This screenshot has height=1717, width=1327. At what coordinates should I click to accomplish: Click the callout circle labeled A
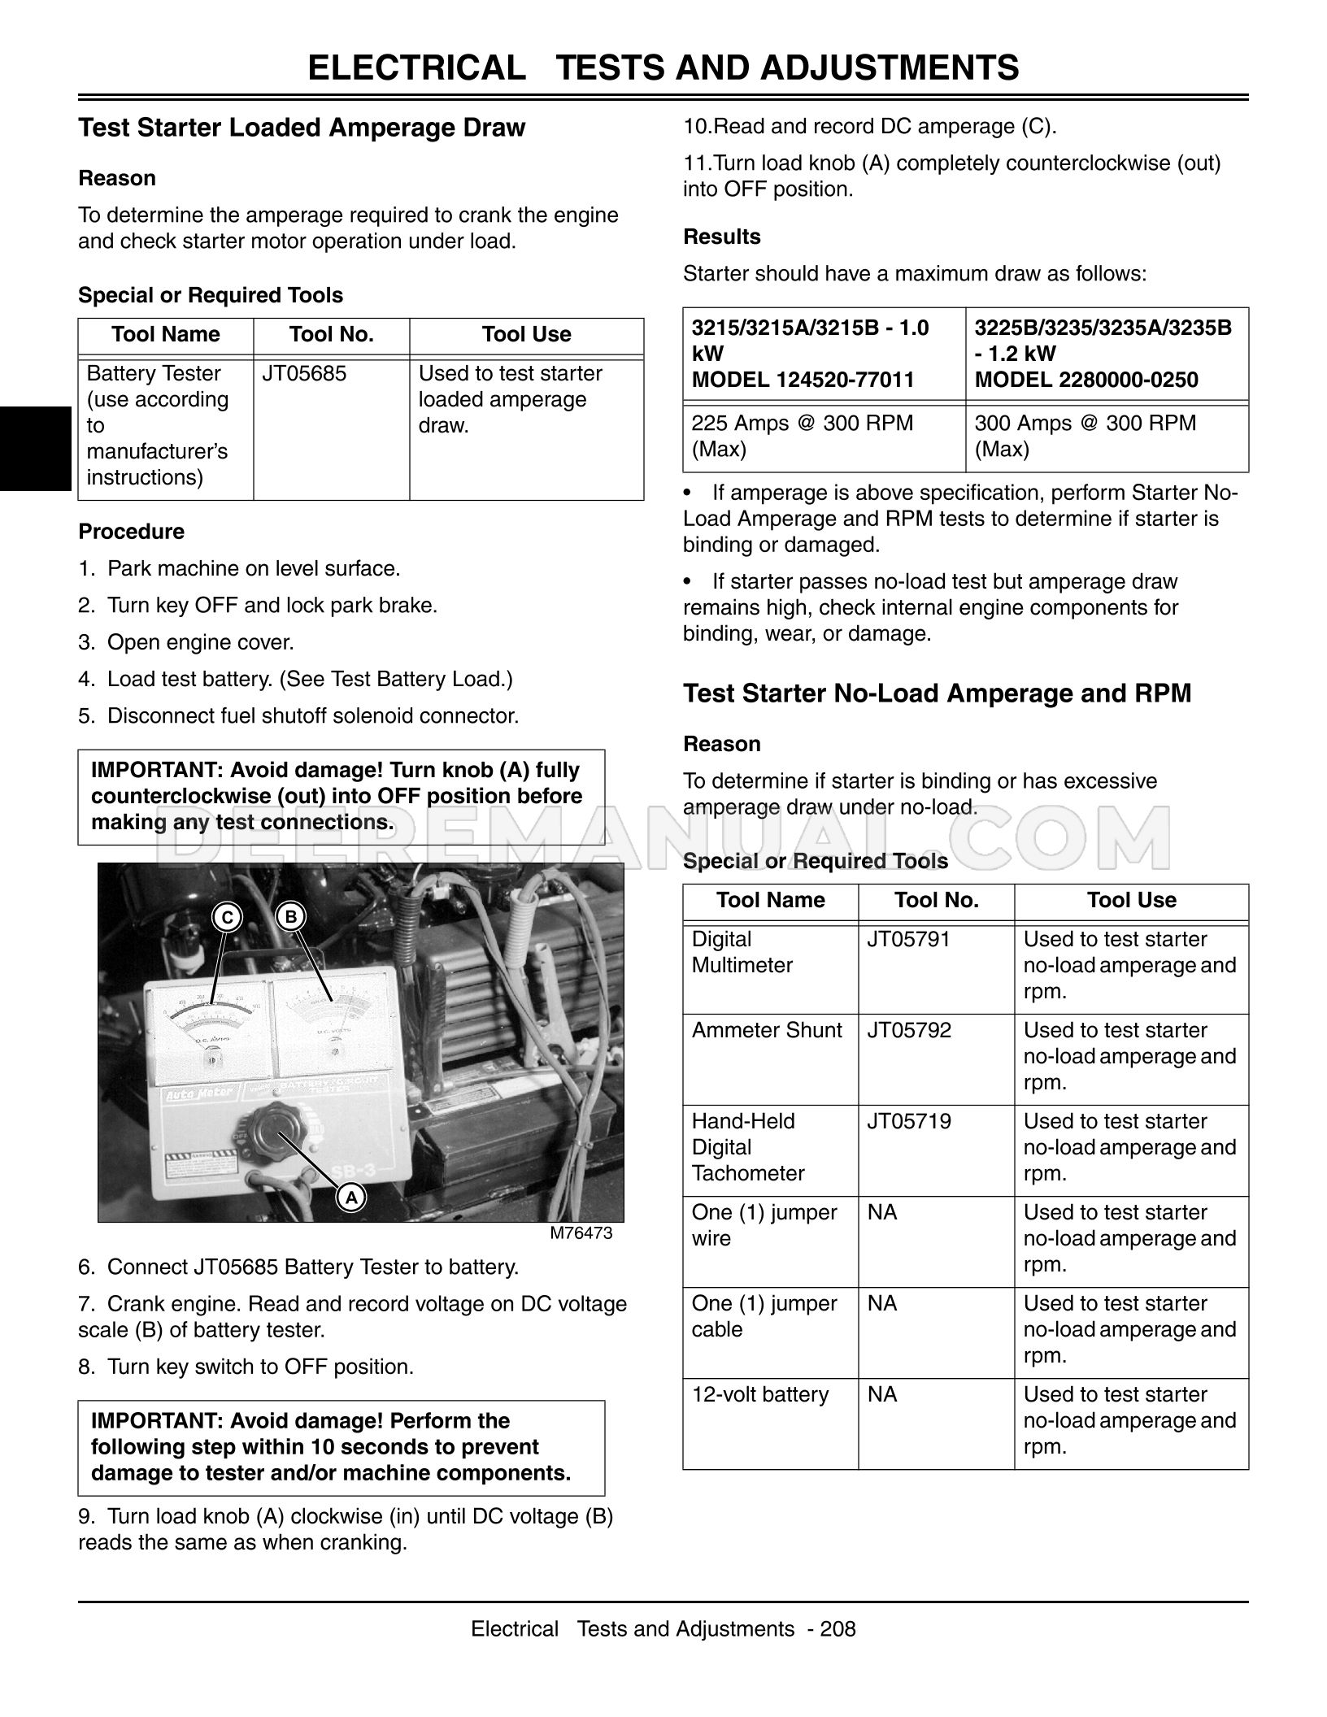point(350,1198)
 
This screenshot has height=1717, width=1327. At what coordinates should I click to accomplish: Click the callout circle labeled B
point(290,917)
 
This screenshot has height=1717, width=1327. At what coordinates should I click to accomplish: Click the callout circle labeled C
point(228,917)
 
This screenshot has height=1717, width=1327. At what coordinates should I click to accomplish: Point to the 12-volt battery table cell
point(760,1395)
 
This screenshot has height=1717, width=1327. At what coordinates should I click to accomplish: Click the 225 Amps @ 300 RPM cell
point(802,436)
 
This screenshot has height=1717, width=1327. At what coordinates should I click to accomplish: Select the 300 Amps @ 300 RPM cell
point(1085,436)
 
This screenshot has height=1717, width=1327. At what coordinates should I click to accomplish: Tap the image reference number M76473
point(581,1233)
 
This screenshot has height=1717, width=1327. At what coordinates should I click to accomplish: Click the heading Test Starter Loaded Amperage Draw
point(302,128)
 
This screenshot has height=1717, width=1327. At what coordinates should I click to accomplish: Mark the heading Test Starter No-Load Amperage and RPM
point(937,693)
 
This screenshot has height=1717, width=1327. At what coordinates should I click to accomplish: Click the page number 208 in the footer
point(838,1629)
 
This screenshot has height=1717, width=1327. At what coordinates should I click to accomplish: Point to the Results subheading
point(722,237)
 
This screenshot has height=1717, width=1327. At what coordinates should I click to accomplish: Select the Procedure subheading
point(132,532)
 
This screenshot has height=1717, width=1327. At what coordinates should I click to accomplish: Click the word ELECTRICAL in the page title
point(416,67)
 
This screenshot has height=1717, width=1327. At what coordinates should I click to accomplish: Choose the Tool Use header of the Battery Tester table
point(526,334)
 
